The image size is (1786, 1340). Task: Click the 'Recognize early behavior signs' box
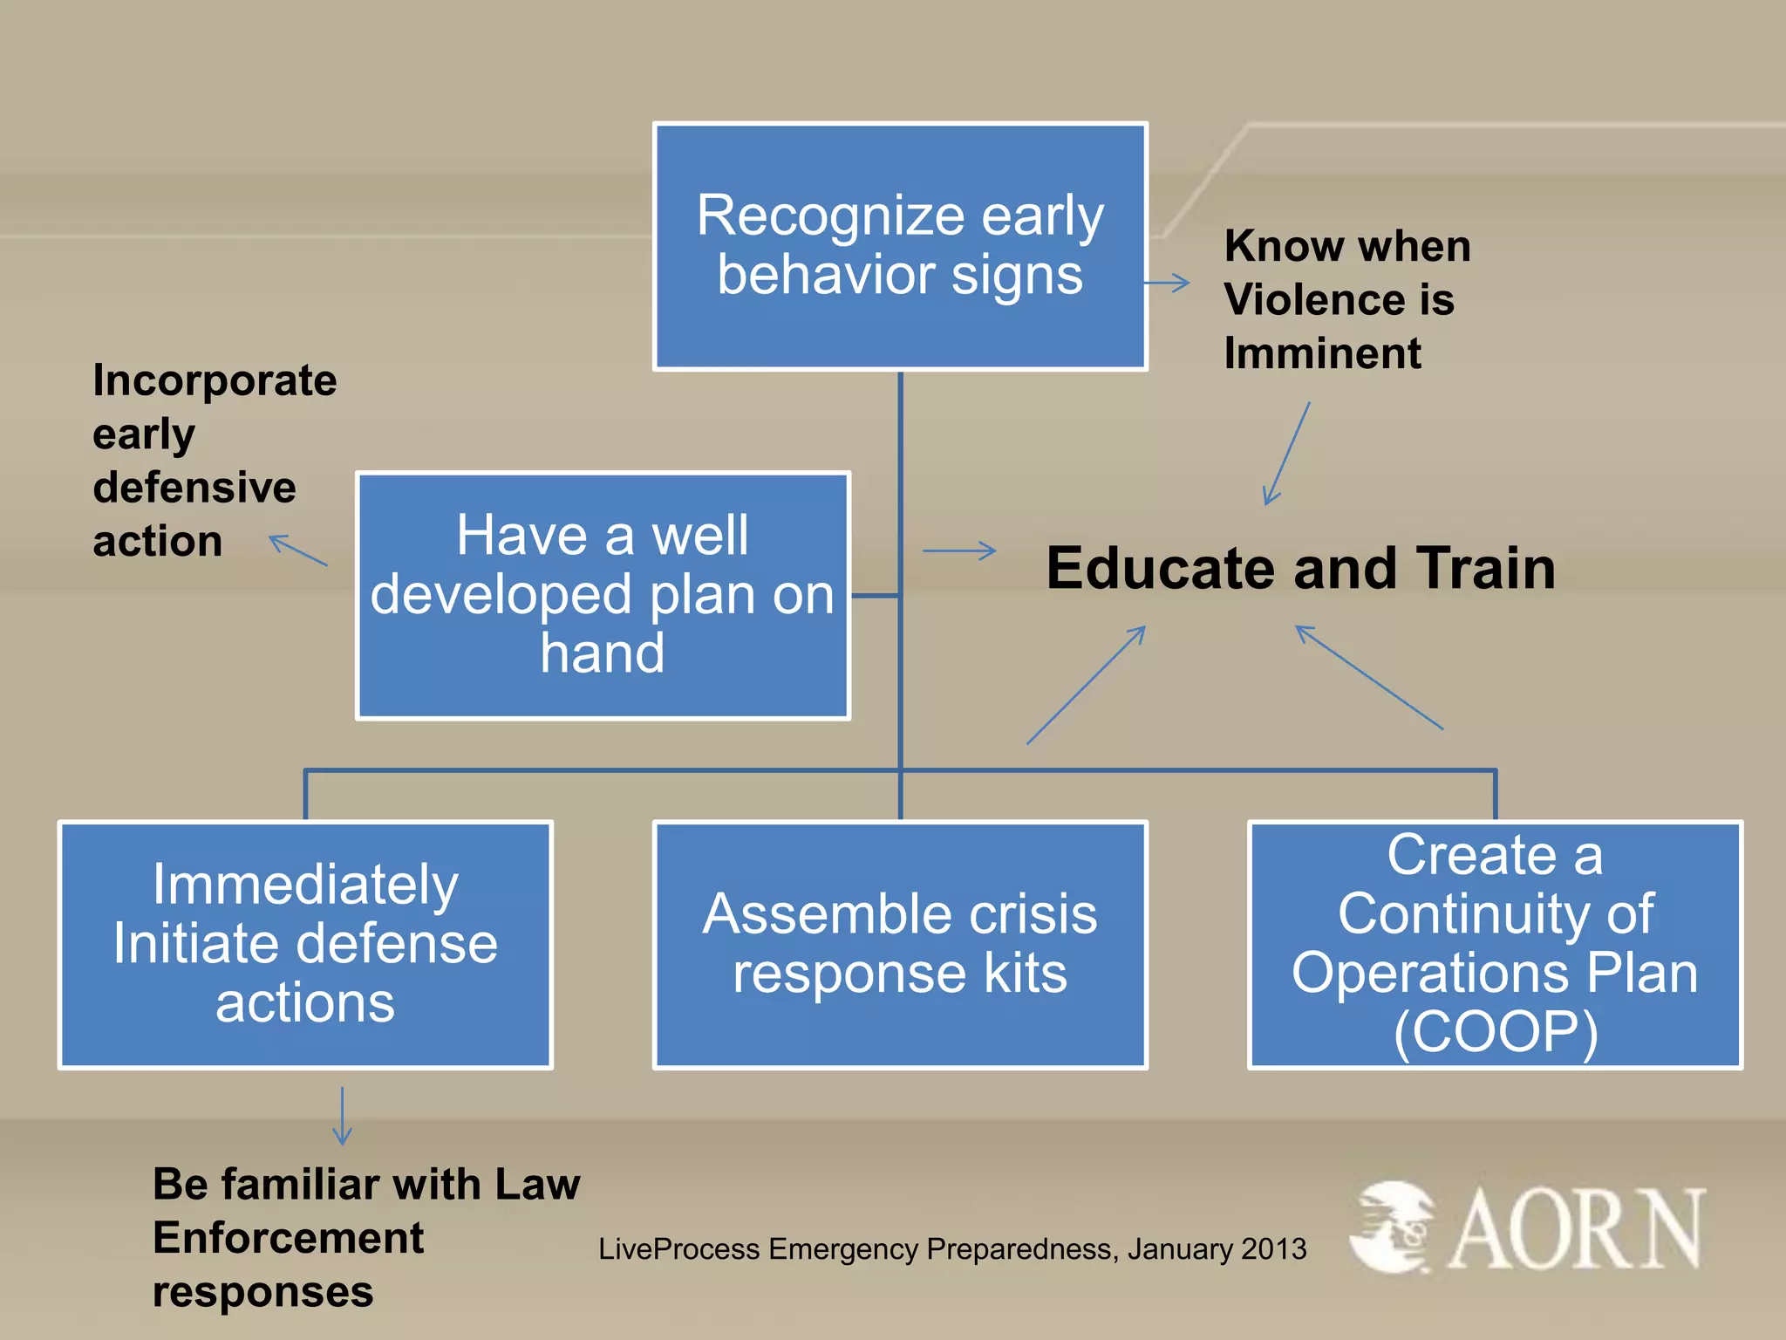click(900, 246)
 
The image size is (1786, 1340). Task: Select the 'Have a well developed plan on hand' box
click(603, 595)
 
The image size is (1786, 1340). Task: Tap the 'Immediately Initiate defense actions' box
click(305, 944)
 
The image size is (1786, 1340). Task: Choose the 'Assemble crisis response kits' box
click(900, 944)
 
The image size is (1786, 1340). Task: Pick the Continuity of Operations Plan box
click(1495, 944)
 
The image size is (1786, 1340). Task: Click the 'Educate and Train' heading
click(1300, 568)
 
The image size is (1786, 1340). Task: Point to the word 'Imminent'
click(1322, 353)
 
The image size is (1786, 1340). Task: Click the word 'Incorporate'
click(215, 380)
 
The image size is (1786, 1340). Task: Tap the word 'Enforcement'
click(288, 1238)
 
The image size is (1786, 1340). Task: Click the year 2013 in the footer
click(1273, 1249)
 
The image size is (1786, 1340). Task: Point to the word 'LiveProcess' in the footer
click(679, 1249)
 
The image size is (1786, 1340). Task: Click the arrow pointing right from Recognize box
click(1167, 283)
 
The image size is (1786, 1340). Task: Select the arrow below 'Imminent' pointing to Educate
click(1286, 454)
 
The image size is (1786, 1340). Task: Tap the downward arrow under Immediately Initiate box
click(342, 1116)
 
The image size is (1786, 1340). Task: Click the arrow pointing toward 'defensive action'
click(298, 550)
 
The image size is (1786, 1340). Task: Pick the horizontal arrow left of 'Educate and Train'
click(959, 550)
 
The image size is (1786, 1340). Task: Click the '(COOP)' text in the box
click(1495, 1033)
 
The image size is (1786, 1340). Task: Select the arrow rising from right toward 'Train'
click(1369, 677)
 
